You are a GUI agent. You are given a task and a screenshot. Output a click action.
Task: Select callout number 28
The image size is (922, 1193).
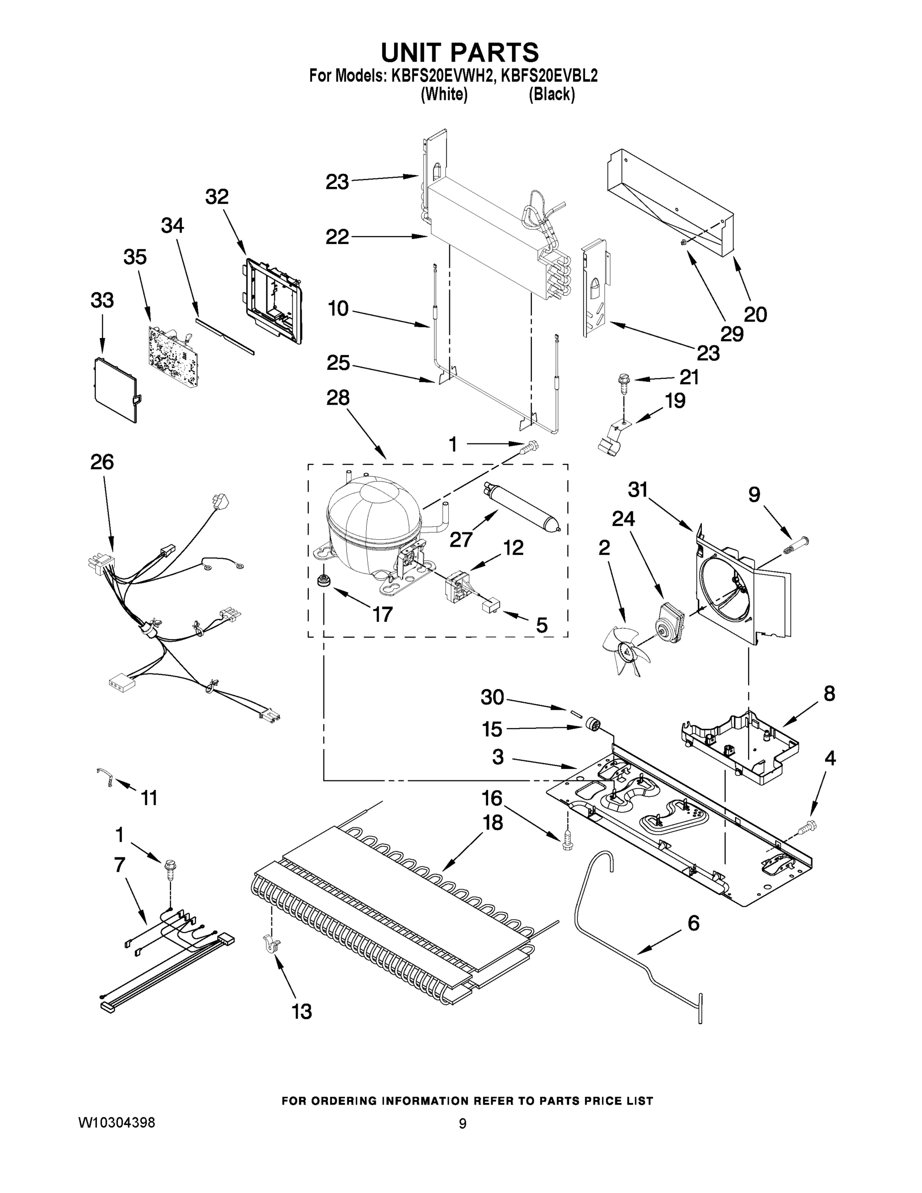click(x=337, y=398)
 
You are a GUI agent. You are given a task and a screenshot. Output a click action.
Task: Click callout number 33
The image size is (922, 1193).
click(x=102, y=300)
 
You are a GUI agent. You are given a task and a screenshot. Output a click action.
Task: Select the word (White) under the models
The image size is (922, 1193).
click(x=443, y=94)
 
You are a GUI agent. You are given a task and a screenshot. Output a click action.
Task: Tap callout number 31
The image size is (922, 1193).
click(x=638, y=490)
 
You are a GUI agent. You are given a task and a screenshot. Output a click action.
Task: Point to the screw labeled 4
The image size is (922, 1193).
click(x=806, y=829)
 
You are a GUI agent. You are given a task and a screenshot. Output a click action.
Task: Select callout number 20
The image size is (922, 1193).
click(x=755, y=315)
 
